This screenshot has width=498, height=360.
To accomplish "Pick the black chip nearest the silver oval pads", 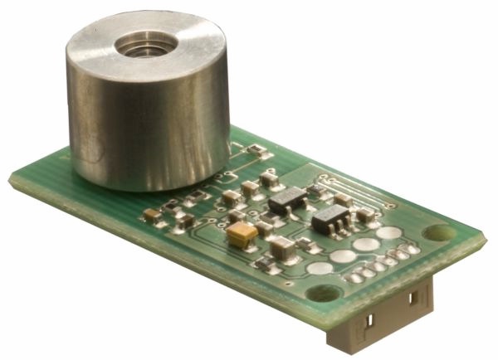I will click(332, 219).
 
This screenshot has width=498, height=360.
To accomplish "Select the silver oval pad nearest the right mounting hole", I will click(388, 233).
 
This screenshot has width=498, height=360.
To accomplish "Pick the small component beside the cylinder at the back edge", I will click(260, 152).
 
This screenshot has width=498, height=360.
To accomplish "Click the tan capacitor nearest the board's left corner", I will click(151, 214).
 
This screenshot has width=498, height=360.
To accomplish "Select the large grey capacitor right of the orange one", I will click(282, 244).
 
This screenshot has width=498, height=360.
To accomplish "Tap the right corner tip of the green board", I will click(485, 238).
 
